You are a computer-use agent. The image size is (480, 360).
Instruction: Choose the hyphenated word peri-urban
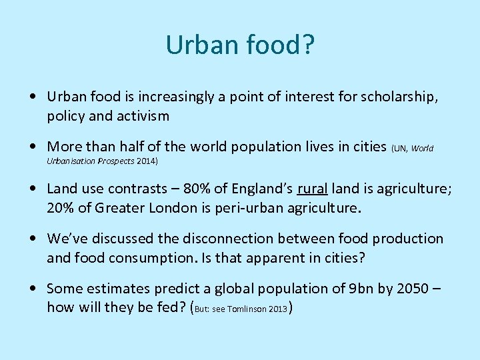pos(235,207)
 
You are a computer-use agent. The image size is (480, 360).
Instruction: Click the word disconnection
pos(220,239)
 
